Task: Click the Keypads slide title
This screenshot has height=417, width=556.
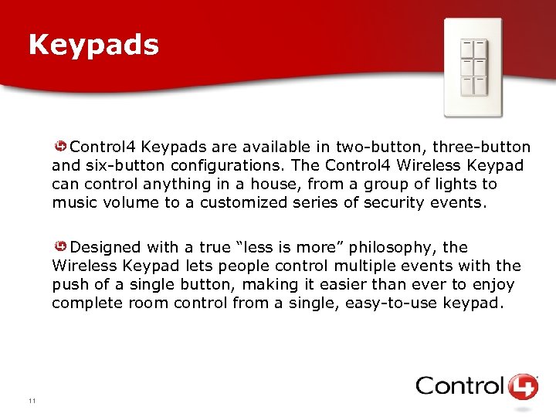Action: click(93, 45)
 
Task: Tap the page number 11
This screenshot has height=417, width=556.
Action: click(32, 400)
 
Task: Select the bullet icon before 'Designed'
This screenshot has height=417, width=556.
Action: click(59, 246)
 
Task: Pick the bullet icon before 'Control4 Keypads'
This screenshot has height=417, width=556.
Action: click(59, 146)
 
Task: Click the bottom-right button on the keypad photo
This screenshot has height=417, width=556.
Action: click(479, 86)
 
